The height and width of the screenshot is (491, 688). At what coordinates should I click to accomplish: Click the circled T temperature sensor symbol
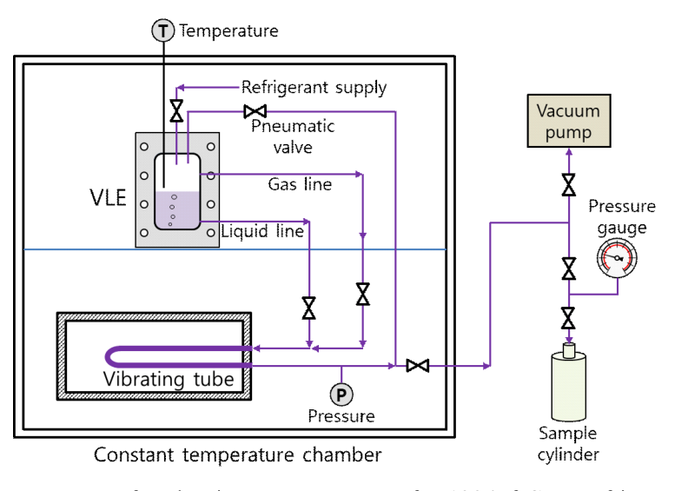163,31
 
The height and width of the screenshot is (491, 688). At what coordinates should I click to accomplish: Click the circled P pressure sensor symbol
341,395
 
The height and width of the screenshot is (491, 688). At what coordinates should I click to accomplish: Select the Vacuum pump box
569,122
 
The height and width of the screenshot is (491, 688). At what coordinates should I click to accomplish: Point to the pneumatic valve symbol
255,111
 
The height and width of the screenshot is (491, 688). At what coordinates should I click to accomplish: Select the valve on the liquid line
308,307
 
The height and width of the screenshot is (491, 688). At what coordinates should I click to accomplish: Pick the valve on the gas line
363,295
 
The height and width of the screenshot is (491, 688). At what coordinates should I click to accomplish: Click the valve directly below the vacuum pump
569,184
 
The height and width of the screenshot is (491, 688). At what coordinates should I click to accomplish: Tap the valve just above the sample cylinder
569,318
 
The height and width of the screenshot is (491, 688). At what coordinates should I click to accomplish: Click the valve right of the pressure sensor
418,366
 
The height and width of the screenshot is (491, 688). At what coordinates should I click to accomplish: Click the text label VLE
109,199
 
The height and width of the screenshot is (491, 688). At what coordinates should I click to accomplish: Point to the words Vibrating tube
169,379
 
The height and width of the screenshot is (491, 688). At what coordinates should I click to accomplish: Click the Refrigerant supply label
314,87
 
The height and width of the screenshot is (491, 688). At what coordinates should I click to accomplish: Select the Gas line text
300,184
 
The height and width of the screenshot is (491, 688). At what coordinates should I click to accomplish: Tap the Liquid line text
262,231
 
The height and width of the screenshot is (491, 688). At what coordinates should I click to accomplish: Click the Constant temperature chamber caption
237,455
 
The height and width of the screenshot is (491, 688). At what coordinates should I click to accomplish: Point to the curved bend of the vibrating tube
112,356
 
